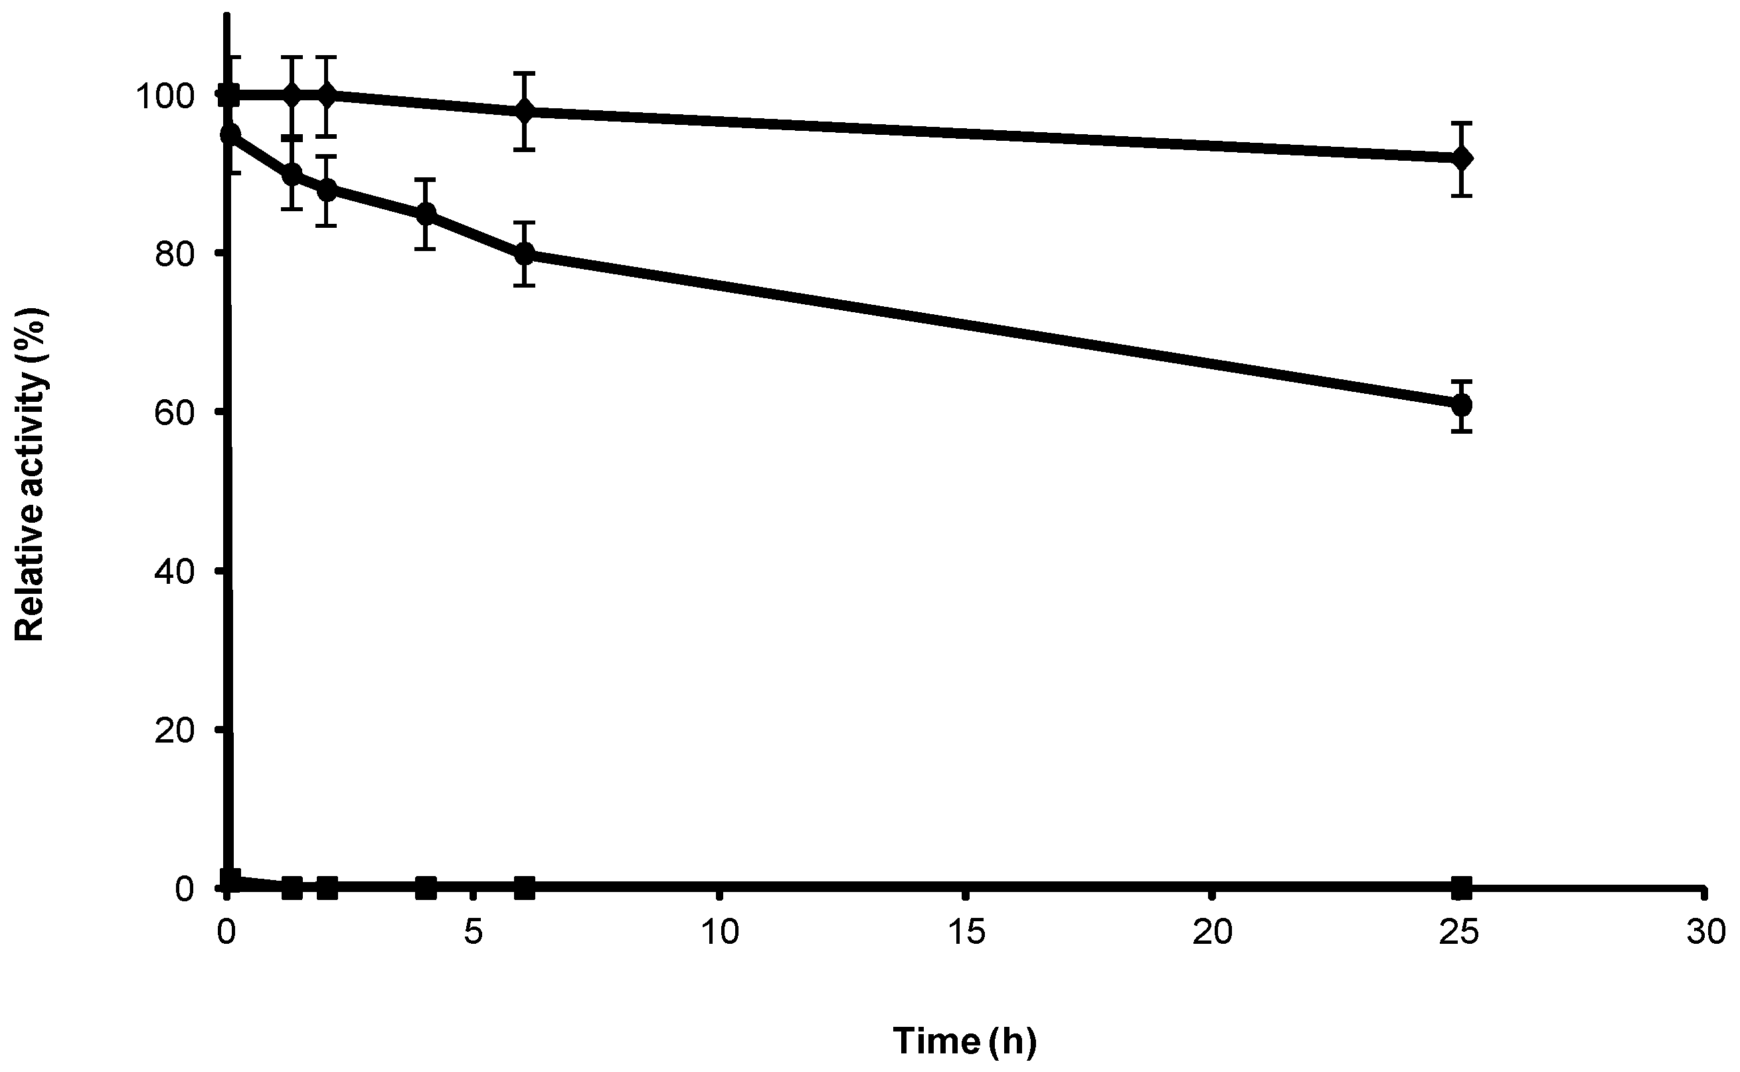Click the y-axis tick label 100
(x=165, y=96)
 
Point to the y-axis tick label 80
(x=175, y=254)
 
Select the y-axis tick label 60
(x=175, y=412)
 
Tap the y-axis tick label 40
(x=175, y=571)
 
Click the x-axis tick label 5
(x=474, y=933)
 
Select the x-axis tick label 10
(x=720, y=933)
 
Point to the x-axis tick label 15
(x=966, y=933)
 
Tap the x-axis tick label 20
(x=1213, y=933)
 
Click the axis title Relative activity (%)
(x=30, y=474)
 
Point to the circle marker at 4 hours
(x=425, y=213)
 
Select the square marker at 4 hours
(x=425, y=886)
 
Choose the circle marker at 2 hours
(x=327, y=190)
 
